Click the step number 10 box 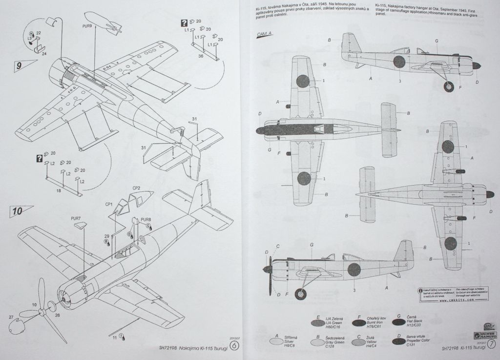(x=18, y=212)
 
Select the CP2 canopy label (x=137, y=188)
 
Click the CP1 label (x=109, y=204)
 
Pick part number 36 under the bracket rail (x=201, y=56)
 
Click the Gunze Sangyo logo (x=482, y=334)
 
